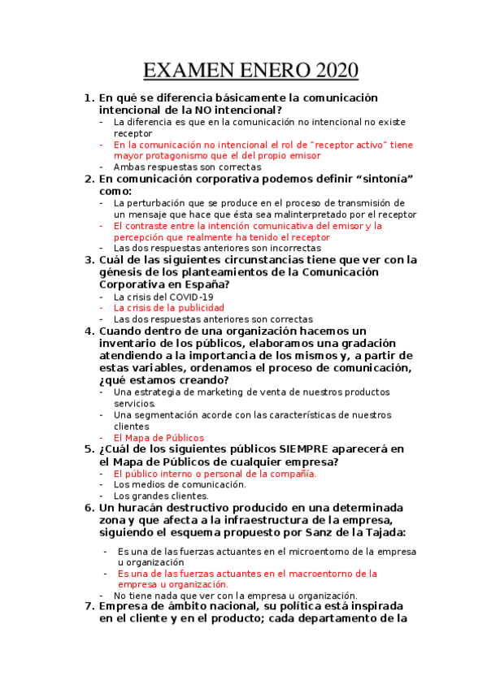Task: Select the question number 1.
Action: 89,97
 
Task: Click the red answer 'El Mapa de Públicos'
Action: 159,437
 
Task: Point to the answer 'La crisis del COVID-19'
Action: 163,297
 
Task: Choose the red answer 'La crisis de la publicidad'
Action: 168,308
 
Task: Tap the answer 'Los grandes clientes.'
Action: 161,496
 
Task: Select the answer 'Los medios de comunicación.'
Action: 179,484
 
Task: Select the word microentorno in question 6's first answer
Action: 302,550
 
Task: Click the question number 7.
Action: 89,606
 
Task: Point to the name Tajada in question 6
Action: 385,532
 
